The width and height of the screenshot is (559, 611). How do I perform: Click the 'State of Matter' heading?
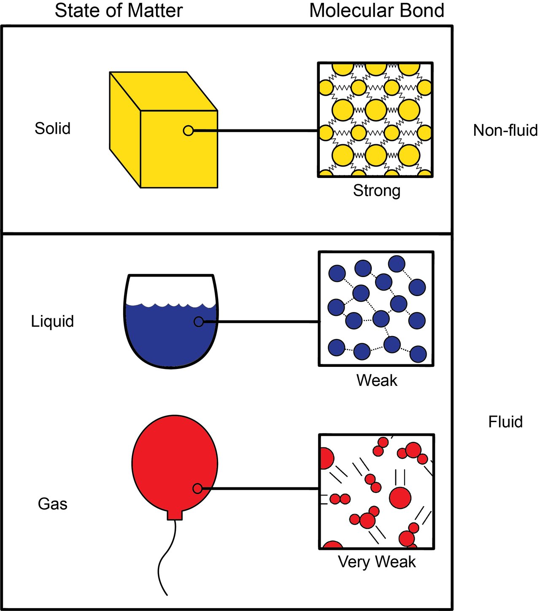[119, 11]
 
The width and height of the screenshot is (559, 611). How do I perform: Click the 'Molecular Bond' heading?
[376, 11]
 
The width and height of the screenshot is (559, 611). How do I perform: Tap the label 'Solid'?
[52, 129]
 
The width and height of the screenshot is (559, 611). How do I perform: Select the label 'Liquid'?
[52, 321]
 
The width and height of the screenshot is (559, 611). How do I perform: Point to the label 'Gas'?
[52, 504]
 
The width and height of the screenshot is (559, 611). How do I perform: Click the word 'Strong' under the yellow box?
[376, 191]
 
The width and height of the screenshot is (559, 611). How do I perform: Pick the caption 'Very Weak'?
[376, 562]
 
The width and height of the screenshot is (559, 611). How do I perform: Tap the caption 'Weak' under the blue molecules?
[376, 380]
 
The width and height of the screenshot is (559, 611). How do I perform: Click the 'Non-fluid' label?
[505, 131]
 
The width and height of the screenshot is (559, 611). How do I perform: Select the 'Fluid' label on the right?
[505, 422]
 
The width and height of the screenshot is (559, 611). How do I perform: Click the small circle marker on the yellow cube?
[188, 131]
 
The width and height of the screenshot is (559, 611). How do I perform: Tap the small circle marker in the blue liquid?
[198, 322]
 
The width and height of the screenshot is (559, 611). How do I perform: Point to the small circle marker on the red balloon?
[197, 488]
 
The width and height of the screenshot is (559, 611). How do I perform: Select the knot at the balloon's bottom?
[175, 515]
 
